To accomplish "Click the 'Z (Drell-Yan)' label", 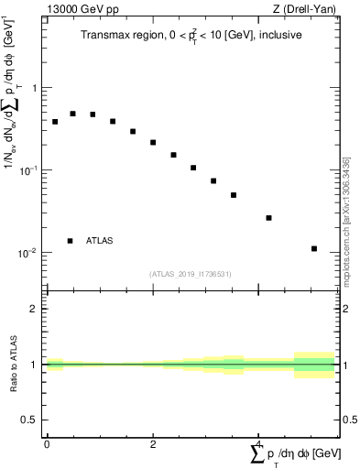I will point(306,10).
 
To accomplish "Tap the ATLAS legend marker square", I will point(70,241).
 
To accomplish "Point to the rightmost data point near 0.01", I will point(314,248).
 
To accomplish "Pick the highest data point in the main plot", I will point(73,114).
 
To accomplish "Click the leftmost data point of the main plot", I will point(55,121).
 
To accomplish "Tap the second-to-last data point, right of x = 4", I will point(268,218).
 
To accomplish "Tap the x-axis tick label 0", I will point(46,444).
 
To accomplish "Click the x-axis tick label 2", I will point(153,444).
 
